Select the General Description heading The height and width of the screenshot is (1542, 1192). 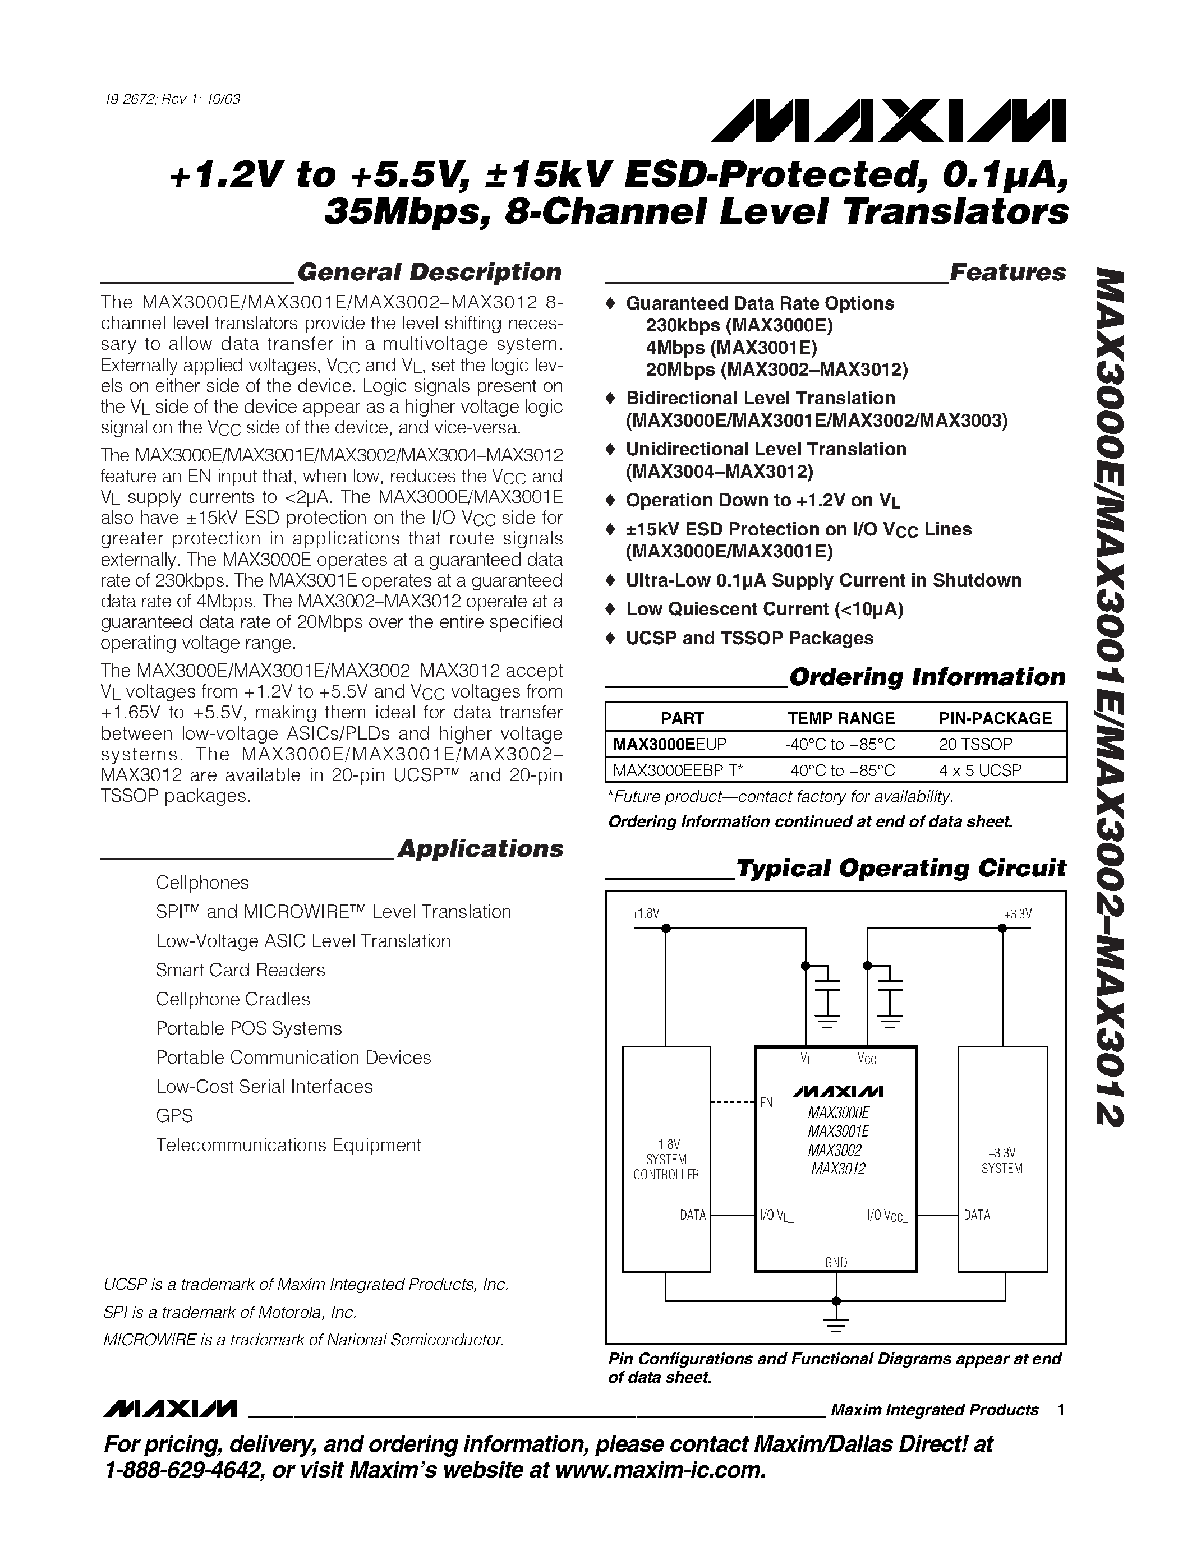429,273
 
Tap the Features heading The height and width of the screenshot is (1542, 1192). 1007,273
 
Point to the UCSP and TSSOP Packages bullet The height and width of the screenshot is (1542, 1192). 749,638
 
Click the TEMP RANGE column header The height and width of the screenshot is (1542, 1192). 840,718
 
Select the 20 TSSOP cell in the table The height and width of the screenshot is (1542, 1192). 975,744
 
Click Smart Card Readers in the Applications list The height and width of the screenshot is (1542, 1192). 240,970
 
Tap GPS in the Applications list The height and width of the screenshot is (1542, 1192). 174,1115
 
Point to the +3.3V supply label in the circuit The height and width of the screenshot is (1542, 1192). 1017,913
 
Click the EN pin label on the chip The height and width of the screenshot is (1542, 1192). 766,1102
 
